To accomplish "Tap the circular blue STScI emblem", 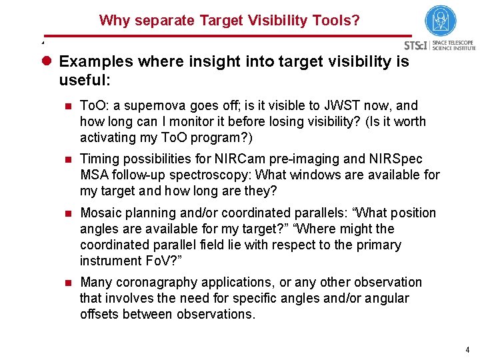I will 441,21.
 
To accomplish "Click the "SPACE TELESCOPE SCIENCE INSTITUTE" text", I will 454,45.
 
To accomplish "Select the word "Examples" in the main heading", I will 93,62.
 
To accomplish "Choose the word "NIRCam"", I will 273,159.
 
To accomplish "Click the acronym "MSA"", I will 93,175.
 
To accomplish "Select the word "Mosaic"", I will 100,213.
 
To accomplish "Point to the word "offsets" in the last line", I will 101,314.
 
